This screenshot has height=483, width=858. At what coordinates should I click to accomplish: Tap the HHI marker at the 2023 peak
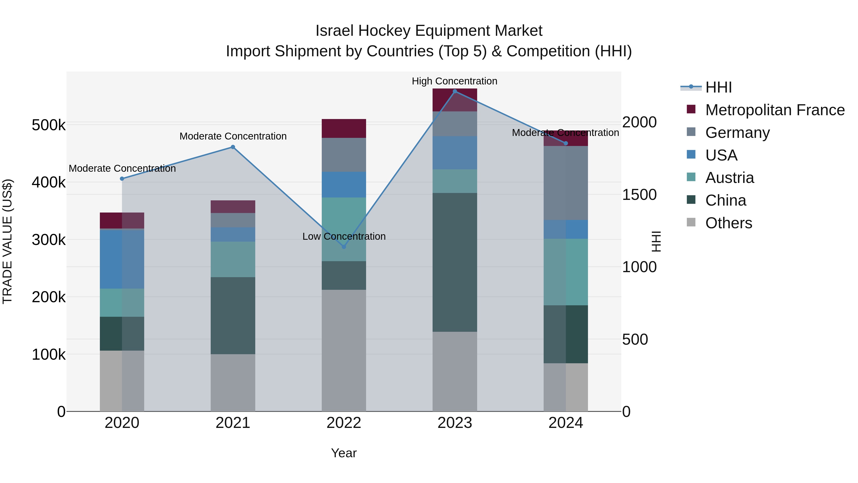[x=455, y=91]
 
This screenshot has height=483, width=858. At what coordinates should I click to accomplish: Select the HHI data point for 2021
[x=233, y=147]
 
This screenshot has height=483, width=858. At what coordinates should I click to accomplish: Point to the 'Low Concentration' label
[x=344, y=236]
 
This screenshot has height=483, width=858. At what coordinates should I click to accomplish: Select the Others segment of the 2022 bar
[x=344, y=350]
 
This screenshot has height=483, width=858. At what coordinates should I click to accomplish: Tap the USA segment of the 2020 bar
[x=122, y=259]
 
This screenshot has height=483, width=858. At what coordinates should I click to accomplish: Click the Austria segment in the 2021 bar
[x=233, y=259]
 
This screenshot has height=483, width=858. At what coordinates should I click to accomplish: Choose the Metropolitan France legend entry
[x=775, y=110]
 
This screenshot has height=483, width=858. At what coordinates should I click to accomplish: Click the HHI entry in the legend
[x=718, y=87]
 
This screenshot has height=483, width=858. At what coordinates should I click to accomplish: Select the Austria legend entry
[x=730, y=178]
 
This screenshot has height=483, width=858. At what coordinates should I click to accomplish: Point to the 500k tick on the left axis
[x=49, y=125]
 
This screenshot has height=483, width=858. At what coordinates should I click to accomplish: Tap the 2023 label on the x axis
[x=455, y=423]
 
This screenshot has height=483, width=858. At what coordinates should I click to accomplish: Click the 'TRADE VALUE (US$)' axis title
[x=7, y=241]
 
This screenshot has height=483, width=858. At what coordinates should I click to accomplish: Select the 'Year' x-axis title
[x=344, y=453]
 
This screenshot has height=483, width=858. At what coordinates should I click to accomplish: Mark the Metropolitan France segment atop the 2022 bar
[x=344, y=128]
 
